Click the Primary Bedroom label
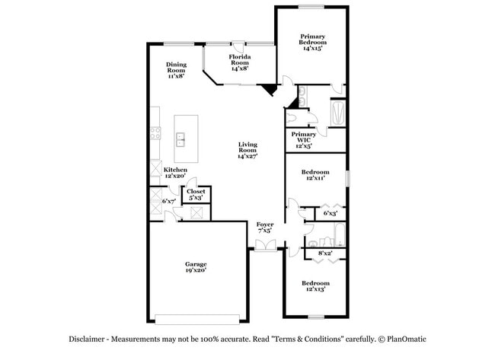tap(311, 42)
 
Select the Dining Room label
tap(177, 70)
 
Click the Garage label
tap(195, 266)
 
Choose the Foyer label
tap(264, 228)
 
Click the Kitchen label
tap(175, 172)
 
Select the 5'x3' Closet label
tap(196, 195)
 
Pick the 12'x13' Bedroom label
tap(315, 285)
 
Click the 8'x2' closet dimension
tap(325, 253)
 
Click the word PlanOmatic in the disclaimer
tap(408, 340)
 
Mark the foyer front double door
tap(264, 245)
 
